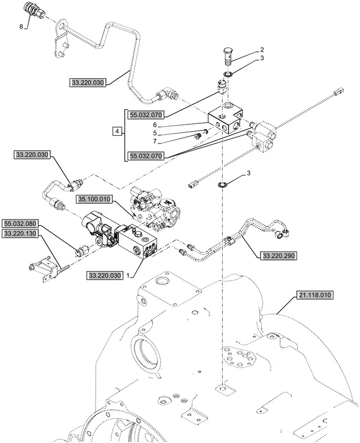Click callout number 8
(x=22, y=26)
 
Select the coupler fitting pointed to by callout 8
(x=32, y=11)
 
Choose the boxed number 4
(x=117, y=131)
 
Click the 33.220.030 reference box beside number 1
(x=105, y=276)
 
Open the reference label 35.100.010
(x=96, y=199)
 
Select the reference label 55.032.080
(x=20, y=223)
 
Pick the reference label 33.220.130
(x=20, y=232)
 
